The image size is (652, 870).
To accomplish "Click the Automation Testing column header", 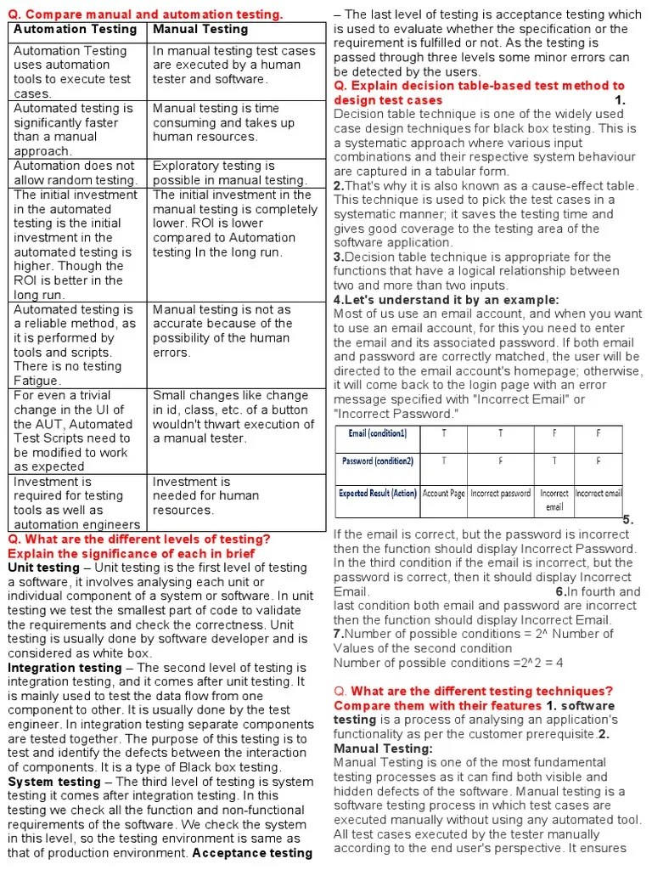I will [75, 30].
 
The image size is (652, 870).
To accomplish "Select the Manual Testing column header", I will [200, 30].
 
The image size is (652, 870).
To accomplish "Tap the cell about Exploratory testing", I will [229, 172].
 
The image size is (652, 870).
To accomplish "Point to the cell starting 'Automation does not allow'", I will [75, 172].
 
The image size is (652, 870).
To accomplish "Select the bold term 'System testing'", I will [54, 782].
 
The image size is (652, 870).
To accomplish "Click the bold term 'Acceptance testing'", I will [252, 853].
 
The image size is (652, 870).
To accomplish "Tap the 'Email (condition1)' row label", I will [377, 433].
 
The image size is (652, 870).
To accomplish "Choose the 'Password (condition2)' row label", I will [377, 461].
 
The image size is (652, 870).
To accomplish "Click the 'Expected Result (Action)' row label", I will [377, 493].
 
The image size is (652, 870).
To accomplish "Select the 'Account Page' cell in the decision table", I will [443, 493].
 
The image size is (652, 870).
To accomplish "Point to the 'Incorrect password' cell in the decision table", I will [500, 493].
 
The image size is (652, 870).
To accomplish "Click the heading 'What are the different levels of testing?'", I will [139, 540].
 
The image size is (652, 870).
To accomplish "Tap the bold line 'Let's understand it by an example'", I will [447, 300].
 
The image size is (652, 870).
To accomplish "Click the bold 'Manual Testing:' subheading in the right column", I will [383, 749].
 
